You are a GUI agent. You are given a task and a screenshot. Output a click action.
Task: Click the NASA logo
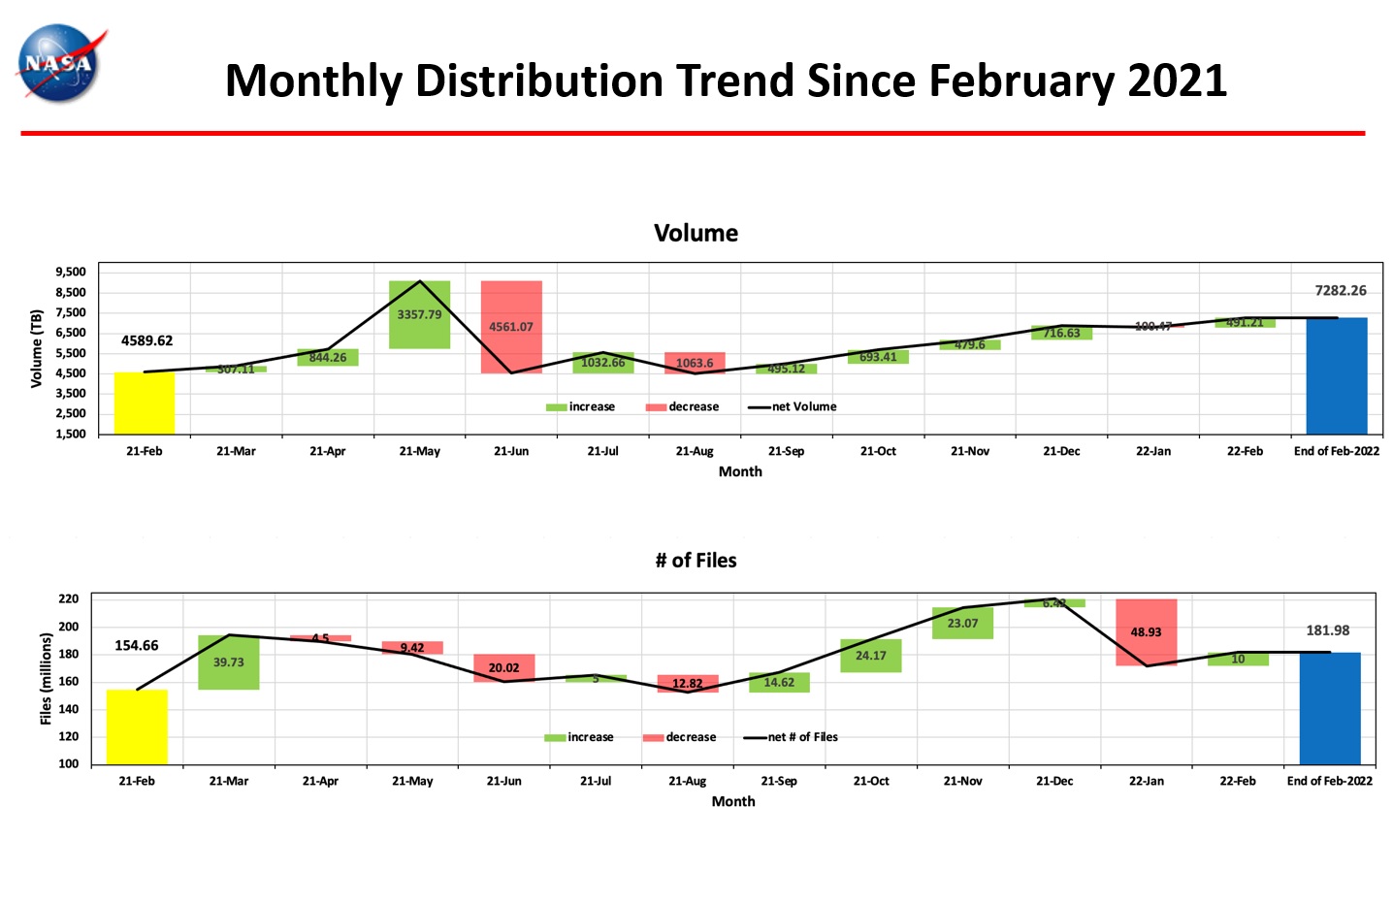(x=60, y=64)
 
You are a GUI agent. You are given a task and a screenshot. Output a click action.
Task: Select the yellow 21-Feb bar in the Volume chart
(x=145, y=403)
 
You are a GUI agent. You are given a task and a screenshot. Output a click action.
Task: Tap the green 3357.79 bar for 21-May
(x=419, y=314)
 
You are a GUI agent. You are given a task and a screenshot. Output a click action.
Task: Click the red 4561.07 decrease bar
(x=511, y=327)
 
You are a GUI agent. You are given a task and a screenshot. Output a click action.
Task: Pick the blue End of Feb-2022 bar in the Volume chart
(x=1336, y=375)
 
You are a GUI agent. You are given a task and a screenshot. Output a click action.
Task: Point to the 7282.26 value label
(x=1340, y=290)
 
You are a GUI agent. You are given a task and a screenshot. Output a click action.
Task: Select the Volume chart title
(x=696, y=233)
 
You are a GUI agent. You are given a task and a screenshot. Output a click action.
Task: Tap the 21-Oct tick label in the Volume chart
(x=878, y=451)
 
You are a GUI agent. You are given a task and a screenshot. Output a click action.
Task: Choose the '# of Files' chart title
(x=696, y=561)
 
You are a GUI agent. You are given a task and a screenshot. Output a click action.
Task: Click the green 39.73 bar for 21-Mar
(x=228, y=662)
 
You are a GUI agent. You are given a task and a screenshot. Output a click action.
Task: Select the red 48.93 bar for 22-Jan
(x=1146, y=632)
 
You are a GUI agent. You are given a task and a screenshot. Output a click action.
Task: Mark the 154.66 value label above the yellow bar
(x=136, y=645)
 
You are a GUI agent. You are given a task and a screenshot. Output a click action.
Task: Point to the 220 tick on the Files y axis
(x=68, y=598)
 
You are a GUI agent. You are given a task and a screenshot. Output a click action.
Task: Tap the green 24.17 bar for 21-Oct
(x=870, y=656)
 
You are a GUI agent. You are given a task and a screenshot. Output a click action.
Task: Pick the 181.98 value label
(x=1327, y=630)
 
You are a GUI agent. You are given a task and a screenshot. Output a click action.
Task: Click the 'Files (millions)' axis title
(x=46, y=678)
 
